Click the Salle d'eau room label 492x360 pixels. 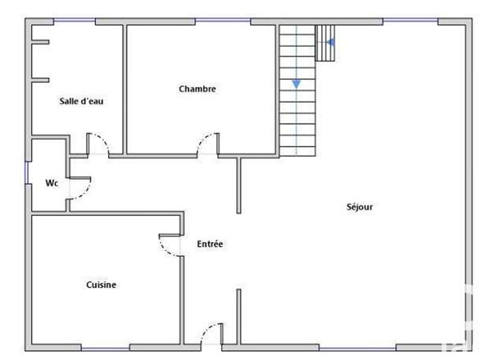80,102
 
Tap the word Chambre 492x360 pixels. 197,89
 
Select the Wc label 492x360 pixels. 51,183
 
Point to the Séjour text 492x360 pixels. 359,207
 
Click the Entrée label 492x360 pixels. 210,244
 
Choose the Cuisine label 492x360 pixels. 101,285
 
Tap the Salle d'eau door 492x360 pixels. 98,144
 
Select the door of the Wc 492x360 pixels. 80,188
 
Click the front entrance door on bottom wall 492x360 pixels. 211,335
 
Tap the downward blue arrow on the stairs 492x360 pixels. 295,83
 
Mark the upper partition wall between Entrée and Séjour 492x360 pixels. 239,185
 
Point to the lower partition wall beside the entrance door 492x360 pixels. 239,315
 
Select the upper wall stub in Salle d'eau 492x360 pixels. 40,42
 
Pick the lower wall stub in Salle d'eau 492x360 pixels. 40,80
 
